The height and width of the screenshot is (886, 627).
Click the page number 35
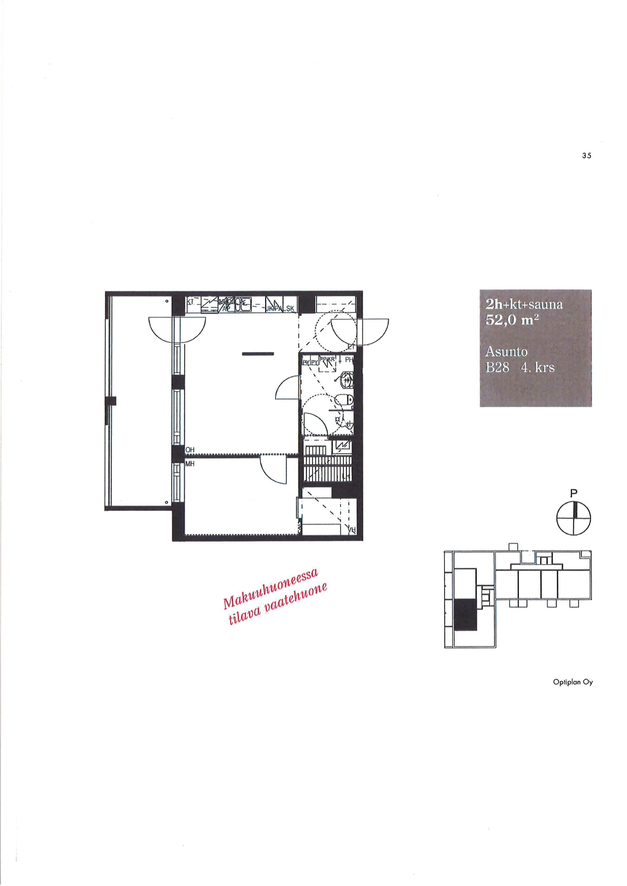coord(587,156)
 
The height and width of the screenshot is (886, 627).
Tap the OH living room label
coord(190,450)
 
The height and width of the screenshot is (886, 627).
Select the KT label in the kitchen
coord(190,302)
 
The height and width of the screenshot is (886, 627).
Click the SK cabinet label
coord(290,309)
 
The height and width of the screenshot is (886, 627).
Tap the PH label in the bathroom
coord(349,360)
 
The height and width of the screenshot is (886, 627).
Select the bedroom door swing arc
coord(273,470)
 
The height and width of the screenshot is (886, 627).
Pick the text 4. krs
coord(538,367)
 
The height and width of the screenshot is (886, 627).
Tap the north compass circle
coord(574,518)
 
